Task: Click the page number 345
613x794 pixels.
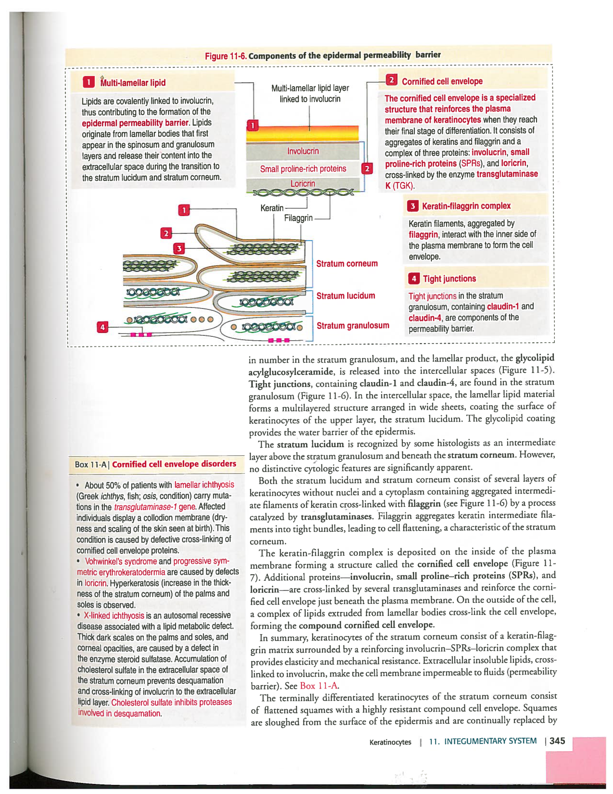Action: (557, 741)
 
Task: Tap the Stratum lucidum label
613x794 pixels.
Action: (345, 296)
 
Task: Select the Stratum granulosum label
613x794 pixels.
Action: (352, 326)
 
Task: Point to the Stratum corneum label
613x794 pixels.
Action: (347, 264)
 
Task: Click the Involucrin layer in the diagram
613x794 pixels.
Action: (303, 151)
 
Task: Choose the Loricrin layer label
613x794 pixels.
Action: (302, 184)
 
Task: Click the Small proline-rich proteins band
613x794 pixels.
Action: (303, 169)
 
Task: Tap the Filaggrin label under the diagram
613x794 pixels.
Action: (298, 218)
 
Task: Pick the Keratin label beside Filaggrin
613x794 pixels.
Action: (272, 208)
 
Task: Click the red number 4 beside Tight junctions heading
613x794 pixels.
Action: (413, 279)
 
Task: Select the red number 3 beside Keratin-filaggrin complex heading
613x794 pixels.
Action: (413, 206)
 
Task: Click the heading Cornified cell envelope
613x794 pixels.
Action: (442, 81)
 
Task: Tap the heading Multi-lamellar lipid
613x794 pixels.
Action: (133, 83)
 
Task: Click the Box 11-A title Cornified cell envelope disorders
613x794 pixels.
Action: (174, 464)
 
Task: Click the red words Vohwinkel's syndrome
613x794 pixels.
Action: (121, 561)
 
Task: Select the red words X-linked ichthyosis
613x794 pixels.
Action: (114, 615)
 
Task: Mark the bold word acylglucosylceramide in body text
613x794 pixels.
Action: (291, 371)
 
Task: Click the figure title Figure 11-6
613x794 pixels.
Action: (225, 56)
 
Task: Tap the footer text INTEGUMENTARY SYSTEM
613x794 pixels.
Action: (490, 741)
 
